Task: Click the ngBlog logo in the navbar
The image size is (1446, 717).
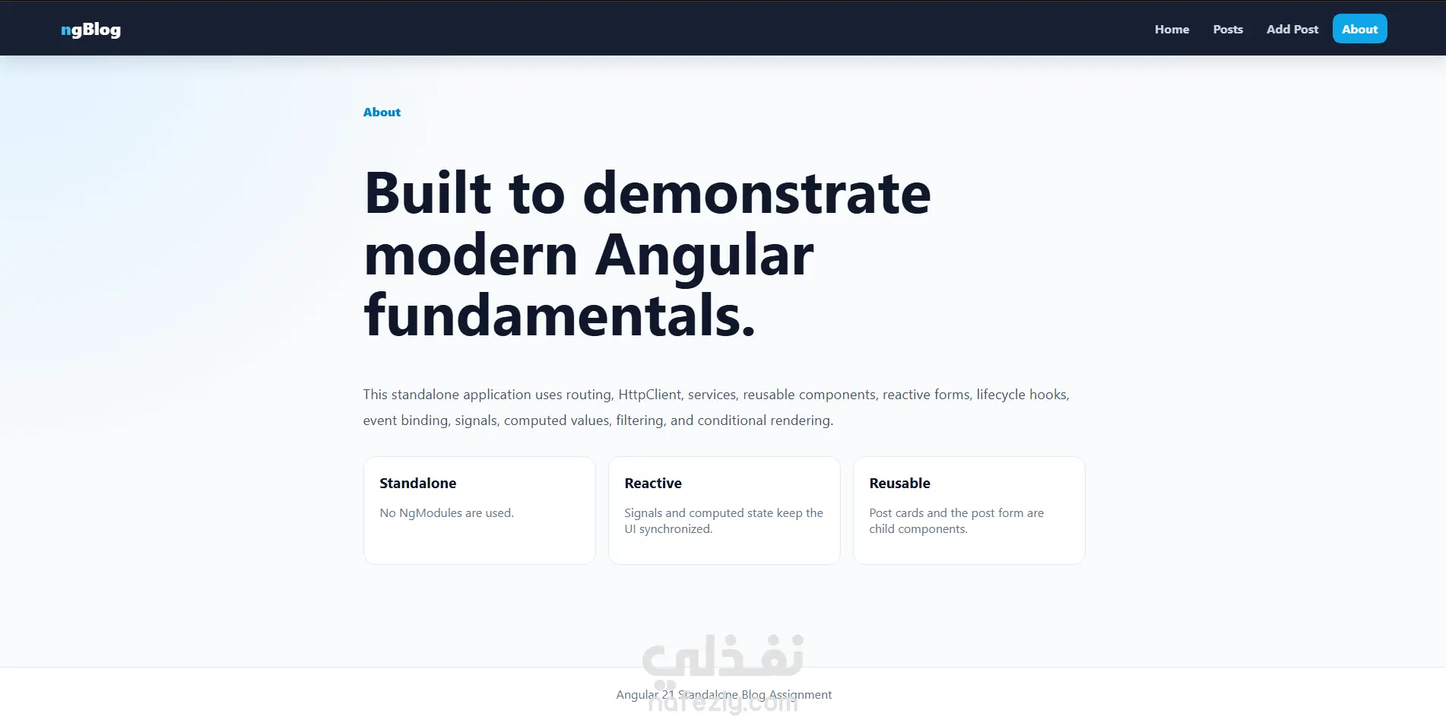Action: tap(90, 30)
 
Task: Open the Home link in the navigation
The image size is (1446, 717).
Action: tap(1172, 29)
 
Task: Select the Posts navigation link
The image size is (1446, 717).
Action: tap(1228, 29)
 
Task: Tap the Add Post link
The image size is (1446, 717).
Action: tap(1292, 29)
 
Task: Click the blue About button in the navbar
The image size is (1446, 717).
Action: tap(1359, 29)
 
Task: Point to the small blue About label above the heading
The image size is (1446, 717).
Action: tap(382, 112)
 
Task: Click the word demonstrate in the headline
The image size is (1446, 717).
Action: tap(756, 193)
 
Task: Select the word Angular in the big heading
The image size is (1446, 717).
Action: tap(704, 255)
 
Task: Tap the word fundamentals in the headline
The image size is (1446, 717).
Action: tap(559, 316)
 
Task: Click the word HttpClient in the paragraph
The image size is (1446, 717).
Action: tap(650, 395)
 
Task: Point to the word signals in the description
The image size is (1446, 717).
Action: tap(477, 420)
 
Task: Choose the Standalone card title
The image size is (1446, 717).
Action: tap(417, 483)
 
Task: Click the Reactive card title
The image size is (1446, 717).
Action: tap(653, 483)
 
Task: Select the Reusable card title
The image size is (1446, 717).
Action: tap(899, 483)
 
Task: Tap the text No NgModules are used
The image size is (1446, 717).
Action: tap(446, 513)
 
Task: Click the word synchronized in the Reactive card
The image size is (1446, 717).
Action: tap(676, 529)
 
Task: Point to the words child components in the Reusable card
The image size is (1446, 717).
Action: tap(918, 529)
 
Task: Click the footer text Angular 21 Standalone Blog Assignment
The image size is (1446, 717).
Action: tap(724, 695)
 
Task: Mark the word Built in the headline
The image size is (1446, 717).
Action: tap(428, 193)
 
